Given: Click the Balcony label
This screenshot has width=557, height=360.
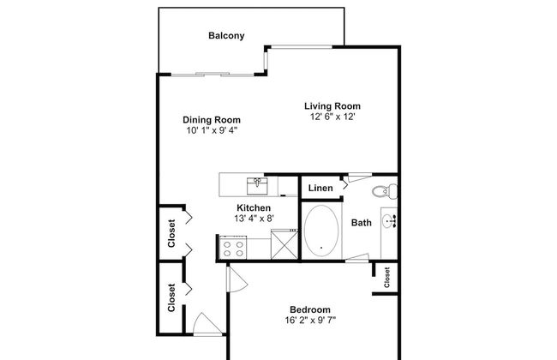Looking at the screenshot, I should point(227,36).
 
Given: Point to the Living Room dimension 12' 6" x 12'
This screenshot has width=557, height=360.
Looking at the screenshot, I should point(328,117).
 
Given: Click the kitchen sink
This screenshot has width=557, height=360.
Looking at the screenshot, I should point(257,183).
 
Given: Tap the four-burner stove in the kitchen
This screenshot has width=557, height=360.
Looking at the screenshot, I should point(233,249).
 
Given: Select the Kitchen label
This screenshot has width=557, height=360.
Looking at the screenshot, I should point(254,208).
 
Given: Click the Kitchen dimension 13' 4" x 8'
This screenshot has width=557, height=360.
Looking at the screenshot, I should point(254,219).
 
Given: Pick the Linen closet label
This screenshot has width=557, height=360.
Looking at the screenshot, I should point(320,188).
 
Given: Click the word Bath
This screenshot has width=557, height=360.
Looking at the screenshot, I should point(361,223).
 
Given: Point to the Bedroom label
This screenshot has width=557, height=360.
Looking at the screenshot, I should point(309,310).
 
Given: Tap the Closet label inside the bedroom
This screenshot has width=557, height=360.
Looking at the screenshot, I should point(387,276).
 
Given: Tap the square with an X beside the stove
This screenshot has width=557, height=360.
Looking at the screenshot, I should point(281,244).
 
